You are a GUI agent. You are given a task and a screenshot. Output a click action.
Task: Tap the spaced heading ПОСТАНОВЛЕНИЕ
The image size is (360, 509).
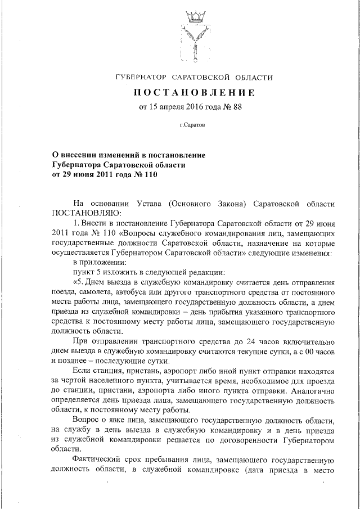[x=193, y=93]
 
